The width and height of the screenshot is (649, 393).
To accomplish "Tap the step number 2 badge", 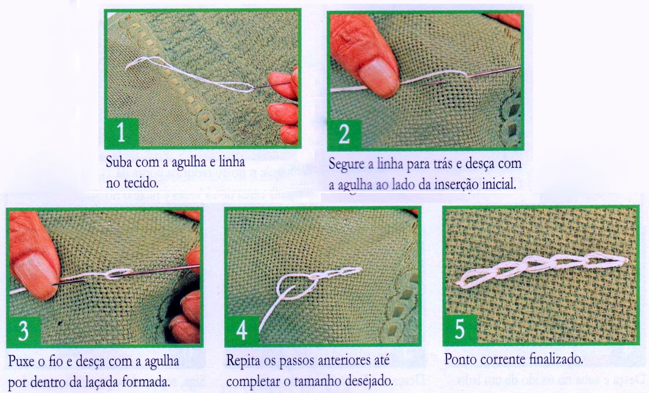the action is tap(344, 135).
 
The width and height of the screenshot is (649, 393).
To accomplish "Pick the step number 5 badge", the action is tap(460, 330).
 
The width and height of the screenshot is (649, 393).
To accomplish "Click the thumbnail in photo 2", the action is tap(379, 75).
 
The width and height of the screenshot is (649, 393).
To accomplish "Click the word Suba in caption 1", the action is tap(118, 162).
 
